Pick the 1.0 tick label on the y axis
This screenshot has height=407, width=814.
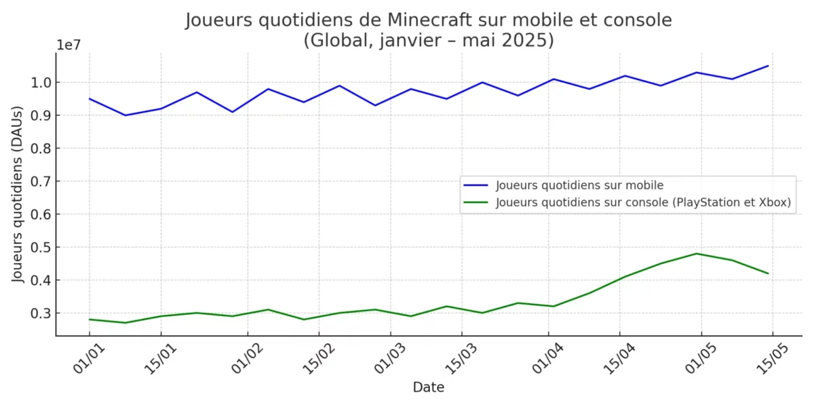click(x=33, y=83)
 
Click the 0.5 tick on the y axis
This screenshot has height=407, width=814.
click(x=33, y=248)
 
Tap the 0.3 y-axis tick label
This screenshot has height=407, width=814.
click(x=33, y=313)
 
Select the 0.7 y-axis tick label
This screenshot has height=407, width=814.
click(x=33, y=182)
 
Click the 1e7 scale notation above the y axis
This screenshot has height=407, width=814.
click(x=69, y=45)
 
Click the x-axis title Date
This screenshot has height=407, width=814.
click(x=429, y=387)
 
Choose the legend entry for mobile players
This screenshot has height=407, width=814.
click(x=579, y=185)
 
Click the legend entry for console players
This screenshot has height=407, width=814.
click(x=644, y=202)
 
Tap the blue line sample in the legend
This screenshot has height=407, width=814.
click(x=476, y=185)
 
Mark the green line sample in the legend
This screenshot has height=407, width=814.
click(x=476, y=202)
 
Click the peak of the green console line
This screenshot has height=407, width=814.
click(x=697, y=254)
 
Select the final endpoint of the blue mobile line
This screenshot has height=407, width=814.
click(x=768, y=66)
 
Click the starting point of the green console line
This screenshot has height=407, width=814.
click(x=90, y=319)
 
